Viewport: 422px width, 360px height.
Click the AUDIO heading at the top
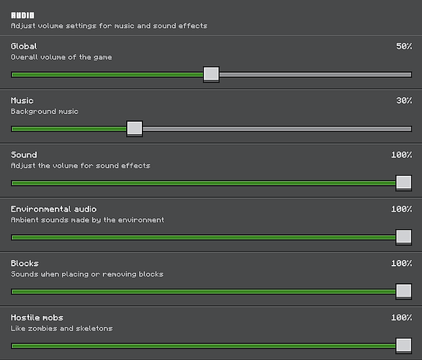coord(22,15)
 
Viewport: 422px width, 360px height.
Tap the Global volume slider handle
coord(211,74)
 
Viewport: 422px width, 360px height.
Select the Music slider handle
coord(135,129)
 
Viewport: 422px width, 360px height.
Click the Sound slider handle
coord(404,183)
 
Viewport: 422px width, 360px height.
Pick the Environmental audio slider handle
coord(404,237)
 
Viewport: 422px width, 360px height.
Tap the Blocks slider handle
coord(404,292)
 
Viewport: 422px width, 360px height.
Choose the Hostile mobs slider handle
coord(404,346)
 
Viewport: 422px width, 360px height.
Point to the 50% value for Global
coord(404,46)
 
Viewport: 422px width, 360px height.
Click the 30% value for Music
coord(404,101)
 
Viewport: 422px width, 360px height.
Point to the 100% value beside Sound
coord(402,155)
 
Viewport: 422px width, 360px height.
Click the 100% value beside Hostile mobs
coord(402,318)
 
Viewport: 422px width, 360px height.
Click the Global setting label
coord(24,46)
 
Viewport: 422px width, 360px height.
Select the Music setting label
coord(22,101)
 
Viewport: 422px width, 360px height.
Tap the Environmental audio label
coord(53,209)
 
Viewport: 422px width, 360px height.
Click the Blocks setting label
coord(24,263)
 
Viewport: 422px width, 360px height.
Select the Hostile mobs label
coord(37,318)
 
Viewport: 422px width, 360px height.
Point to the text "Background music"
coord(45,112)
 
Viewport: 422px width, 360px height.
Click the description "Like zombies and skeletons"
coord(62,328)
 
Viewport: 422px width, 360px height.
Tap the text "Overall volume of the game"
coord(61,58)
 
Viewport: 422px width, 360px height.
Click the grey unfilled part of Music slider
coord(277,129)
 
